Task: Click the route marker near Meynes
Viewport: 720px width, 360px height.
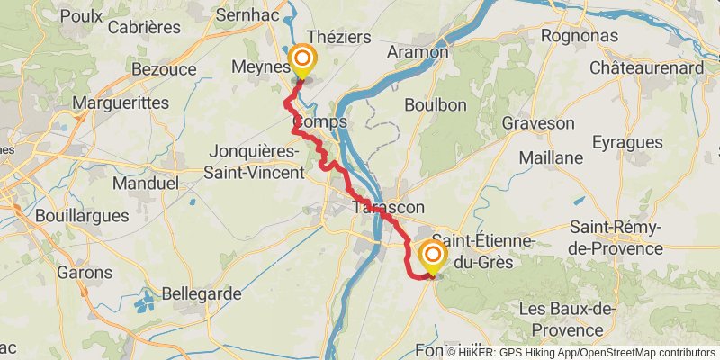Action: pos(301,62)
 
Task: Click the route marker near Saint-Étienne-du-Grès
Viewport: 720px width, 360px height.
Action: pos(432,257)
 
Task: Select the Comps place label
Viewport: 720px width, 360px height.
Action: pos(319,121)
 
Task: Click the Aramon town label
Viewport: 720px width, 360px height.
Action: pos(417,52)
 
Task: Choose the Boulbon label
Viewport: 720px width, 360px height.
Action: pos(436,104)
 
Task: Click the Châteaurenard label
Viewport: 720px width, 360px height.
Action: pos(646,67)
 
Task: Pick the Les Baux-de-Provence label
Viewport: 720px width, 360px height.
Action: pos(567,319)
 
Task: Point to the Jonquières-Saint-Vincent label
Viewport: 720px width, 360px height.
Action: pos(256,161)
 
